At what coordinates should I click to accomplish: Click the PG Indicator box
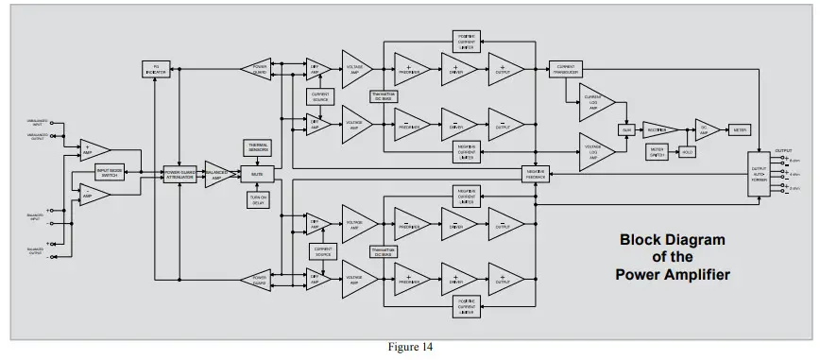coord(154,69)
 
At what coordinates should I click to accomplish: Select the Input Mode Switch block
coord(116,173)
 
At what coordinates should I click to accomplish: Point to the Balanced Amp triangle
coord(220,174)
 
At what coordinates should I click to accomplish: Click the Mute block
coord(258,174)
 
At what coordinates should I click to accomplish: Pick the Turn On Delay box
coord(258,199)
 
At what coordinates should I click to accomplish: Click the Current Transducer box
coord(567,69)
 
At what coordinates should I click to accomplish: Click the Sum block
coord(625,129)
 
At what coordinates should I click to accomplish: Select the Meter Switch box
coord(658,150)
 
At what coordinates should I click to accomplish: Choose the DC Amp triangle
coord(706,129)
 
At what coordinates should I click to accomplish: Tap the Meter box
coord(742,129)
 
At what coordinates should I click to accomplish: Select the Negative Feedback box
coord(536,174)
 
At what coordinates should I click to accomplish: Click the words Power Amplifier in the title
coord(673,275)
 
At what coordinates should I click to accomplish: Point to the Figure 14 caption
coord(410,347)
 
